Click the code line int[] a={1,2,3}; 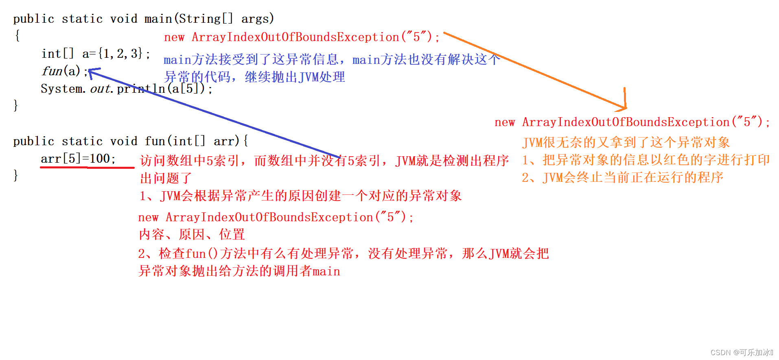pos(96,54)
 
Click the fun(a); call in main pos(64,71)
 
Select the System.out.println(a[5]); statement pos(126,89)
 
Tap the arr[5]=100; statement pos(78,159)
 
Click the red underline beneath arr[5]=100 pos(87,167)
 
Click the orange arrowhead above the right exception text pos(623,106)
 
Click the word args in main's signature pos(257,19)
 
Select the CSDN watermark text pos(741,352)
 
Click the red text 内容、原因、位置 pos(192,234)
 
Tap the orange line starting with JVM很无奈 pos(626,142)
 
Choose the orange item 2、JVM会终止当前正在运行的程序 pos(622,177)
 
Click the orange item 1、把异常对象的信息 pos(646,160)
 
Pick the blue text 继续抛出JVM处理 pos(295,77)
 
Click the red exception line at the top pos(302,37)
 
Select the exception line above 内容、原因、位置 pos(276,217)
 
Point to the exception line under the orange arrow pos(632,122)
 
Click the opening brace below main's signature pos(17,36)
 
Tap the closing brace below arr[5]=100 pos(16,176)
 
